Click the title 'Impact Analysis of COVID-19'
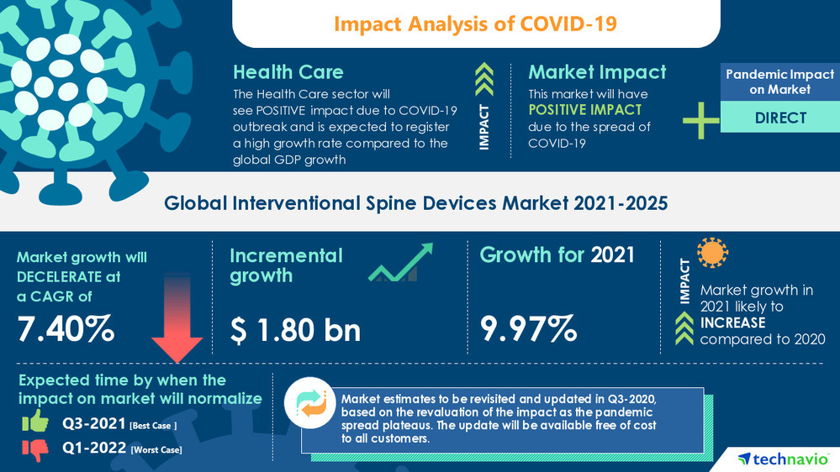coord(475,24)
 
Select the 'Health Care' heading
coord(288,71)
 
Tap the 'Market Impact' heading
coord(597,71)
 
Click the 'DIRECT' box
coord(780,118)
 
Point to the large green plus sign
coord(700,120)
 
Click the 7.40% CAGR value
coord(66,328)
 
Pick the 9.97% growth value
coord(528,328)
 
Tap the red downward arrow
coord(177,328)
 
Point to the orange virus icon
coord(713,253)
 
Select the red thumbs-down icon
coord(34,451)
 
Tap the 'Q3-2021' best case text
coord(92,425)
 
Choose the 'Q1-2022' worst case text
coord(92,449)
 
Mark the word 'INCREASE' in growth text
coord(732,323)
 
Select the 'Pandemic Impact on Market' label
coord(780,81)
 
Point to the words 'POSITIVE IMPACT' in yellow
coord(584,110)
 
